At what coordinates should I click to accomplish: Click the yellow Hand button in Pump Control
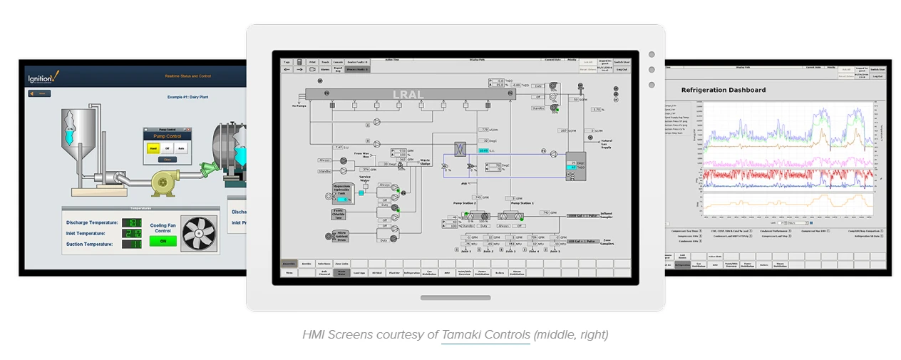[153, 148]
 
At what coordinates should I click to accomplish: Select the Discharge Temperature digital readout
[133, 222]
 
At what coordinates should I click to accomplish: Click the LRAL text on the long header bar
[408, 94]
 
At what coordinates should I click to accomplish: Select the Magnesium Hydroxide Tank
[343, 190]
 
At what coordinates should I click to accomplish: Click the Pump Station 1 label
[522, 203]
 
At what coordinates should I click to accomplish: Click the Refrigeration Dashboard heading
[724, 90]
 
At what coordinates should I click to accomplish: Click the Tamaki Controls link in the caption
[485, 334]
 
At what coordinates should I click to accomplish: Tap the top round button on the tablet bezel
[652, 54]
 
